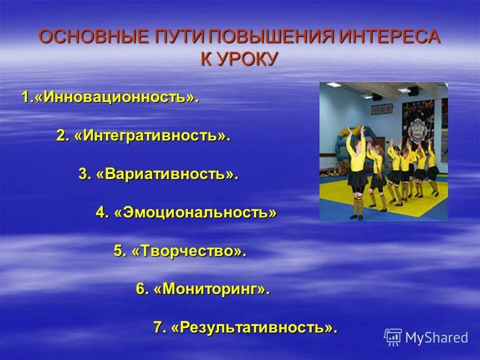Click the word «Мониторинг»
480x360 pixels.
(x=210, y=289)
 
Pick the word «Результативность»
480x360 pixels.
(x=252, y=327)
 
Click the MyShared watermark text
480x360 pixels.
(x=436, y=337)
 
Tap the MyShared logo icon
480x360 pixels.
(x=393, y=337)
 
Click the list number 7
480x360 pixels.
(x=158, y=327)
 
